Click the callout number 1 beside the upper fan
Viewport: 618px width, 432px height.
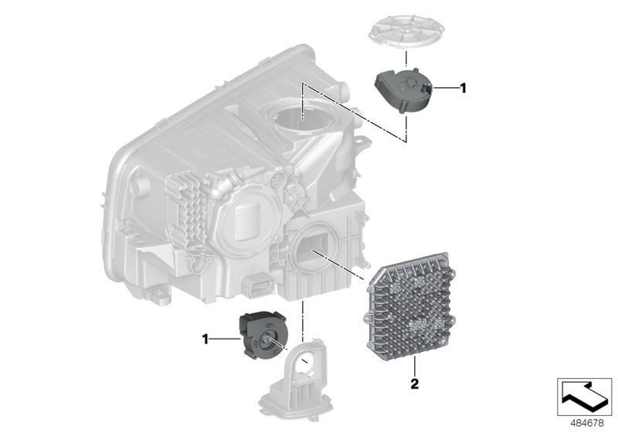point(463,89)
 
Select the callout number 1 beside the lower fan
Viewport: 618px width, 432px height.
point(205,338)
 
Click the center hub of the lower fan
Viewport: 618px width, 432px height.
point(271,340)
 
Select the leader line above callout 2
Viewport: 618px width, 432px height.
point(414,366)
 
